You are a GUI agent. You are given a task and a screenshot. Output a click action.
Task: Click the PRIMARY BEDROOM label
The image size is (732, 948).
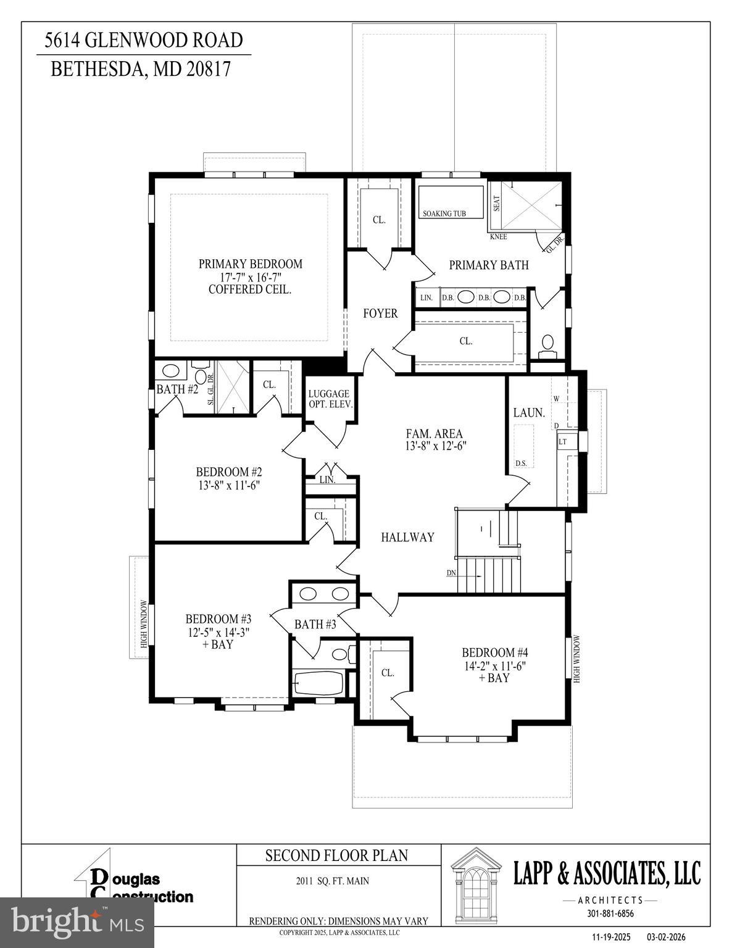[x=250, y=264]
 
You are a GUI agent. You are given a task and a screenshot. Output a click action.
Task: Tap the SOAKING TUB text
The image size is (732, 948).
[x=444, y=214]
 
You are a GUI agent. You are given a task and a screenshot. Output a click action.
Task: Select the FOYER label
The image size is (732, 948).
[x=380, y=314]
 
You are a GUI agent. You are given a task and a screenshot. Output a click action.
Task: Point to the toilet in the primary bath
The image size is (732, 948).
[x=547, y=344]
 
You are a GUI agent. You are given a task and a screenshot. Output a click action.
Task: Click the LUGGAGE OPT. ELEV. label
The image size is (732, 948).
[x=330, y=399]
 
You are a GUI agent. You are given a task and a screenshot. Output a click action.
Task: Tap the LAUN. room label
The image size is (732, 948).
[x=529, y=413]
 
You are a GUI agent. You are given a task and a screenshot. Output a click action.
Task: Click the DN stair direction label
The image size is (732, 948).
[x=452, y=573]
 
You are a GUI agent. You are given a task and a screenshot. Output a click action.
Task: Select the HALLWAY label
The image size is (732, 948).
[x=407, y=538]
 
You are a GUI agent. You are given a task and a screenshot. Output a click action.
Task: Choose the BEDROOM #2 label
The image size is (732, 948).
[x=229, y=472]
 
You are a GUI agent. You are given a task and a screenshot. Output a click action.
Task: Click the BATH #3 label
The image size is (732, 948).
[x=315, y=625]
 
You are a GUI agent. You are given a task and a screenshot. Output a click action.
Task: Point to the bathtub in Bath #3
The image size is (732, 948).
[x=318, y=683]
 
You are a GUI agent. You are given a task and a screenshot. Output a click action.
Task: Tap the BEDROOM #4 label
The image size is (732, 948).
[x=495, y=652]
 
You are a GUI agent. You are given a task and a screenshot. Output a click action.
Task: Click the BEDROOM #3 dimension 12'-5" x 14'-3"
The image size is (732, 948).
[x=218, y=632]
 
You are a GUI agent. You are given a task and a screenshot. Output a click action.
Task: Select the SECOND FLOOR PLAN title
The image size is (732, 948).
[x=336, y=855]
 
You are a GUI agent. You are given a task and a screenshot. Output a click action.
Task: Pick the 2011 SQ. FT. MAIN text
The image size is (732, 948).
[x=332, y=881]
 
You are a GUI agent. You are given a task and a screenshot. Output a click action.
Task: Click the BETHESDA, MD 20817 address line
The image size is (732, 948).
[x=140, y=69]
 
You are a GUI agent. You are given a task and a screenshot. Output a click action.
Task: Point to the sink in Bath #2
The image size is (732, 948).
[x=170, y=372]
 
